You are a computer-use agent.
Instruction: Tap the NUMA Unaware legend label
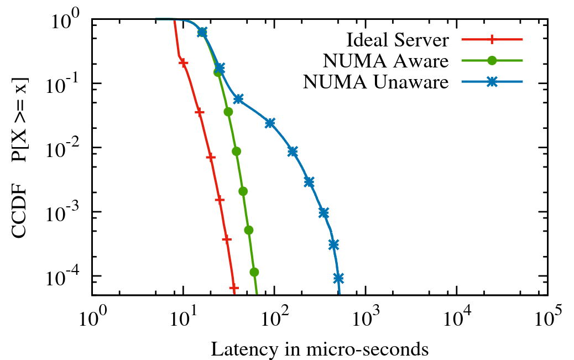point(375,82)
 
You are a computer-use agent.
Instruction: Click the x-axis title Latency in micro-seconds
point(320,349)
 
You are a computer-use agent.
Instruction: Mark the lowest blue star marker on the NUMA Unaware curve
point(338,278)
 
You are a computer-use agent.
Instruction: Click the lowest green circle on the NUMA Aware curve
point(254,272)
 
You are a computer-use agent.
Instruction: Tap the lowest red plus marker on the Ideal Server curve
point(234,288)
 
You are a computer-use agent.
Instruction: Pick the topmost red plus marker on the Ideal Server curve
point(184,63)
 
